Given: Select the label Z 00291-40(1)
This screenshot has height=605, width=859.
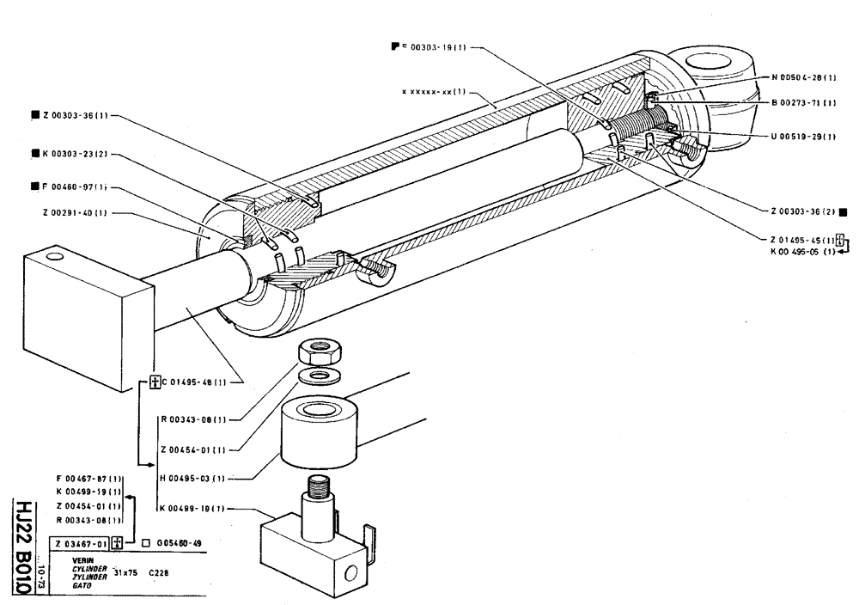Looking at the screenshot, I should (73, 213).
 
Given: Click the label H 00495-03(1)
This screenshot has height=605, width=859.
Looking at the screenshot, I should (193, 478).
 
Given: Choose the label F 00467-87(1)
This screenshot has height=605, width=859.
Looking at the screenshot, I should (88, 478).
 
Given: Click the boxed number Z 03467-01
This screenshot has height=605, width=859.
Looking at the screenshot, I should (80, 543).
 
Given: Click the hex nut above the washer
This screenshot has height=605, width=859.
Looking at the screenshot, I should (319, 350).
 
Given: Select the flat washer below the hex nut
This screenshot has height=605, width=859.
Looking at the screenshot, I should (319, 376).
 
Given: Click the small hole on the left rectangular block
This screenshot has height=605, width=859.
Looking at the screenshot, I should (55, 256).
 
